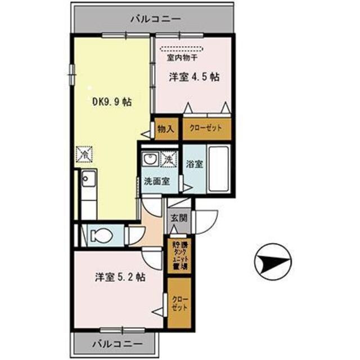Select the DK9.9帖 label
(112, 102)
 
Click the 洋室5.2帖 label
(120, 277)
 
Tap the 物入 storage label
(165, 129)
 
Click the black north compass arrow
(273, 261)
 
